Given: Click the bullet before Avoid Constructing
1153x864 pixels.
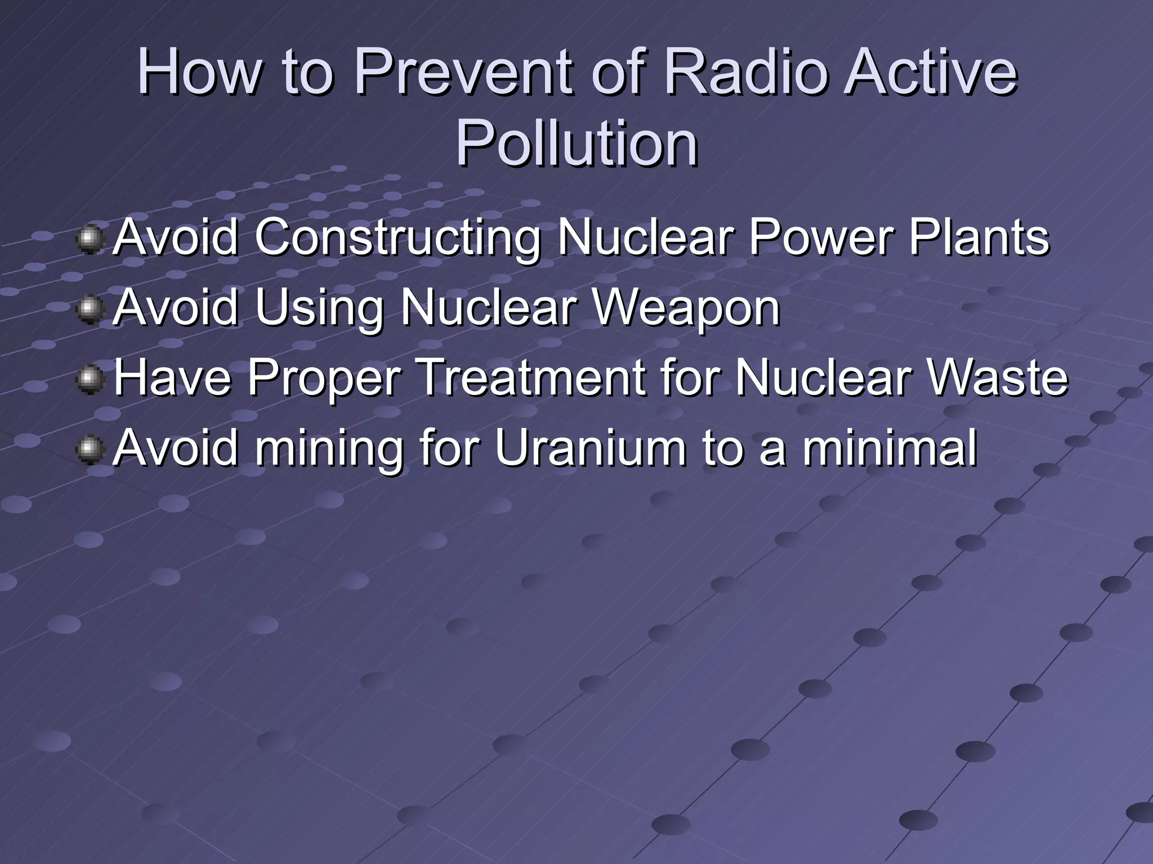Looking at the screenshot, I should (90, 239).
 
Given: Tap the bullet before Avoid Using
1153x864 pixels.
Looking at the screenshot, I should (90, 310).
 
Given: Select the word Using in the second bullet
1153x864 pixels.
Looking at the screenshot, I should (319, 308).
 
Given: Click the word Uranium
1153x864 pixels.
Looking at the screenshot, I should (591, 447).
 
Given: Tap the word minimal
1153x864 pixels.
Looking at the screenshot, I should (890, 447).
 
